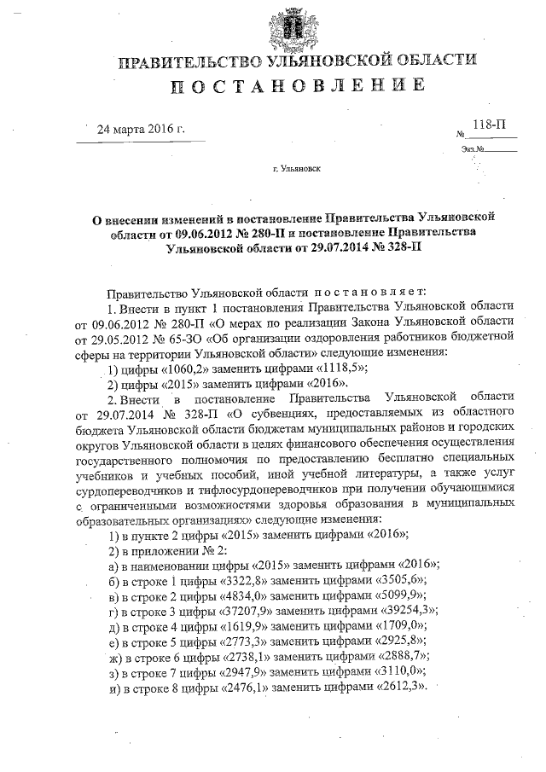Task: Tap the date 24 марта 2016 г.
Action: coord(142,130)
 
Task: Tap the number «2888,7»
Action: coord(399,656)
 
